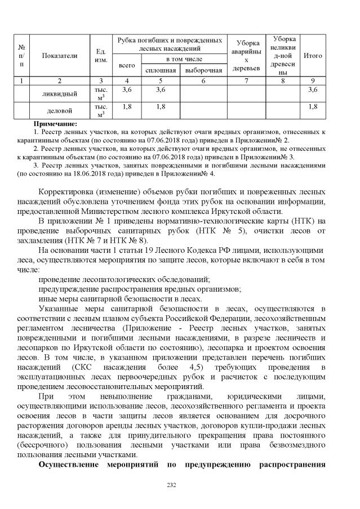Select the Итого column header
313,56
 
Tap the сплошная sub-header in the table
161,70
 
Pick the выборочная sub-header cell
203,70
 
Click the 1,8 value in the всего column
127,106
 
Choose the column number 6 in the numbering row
203,80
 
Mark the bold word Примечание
55,123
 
